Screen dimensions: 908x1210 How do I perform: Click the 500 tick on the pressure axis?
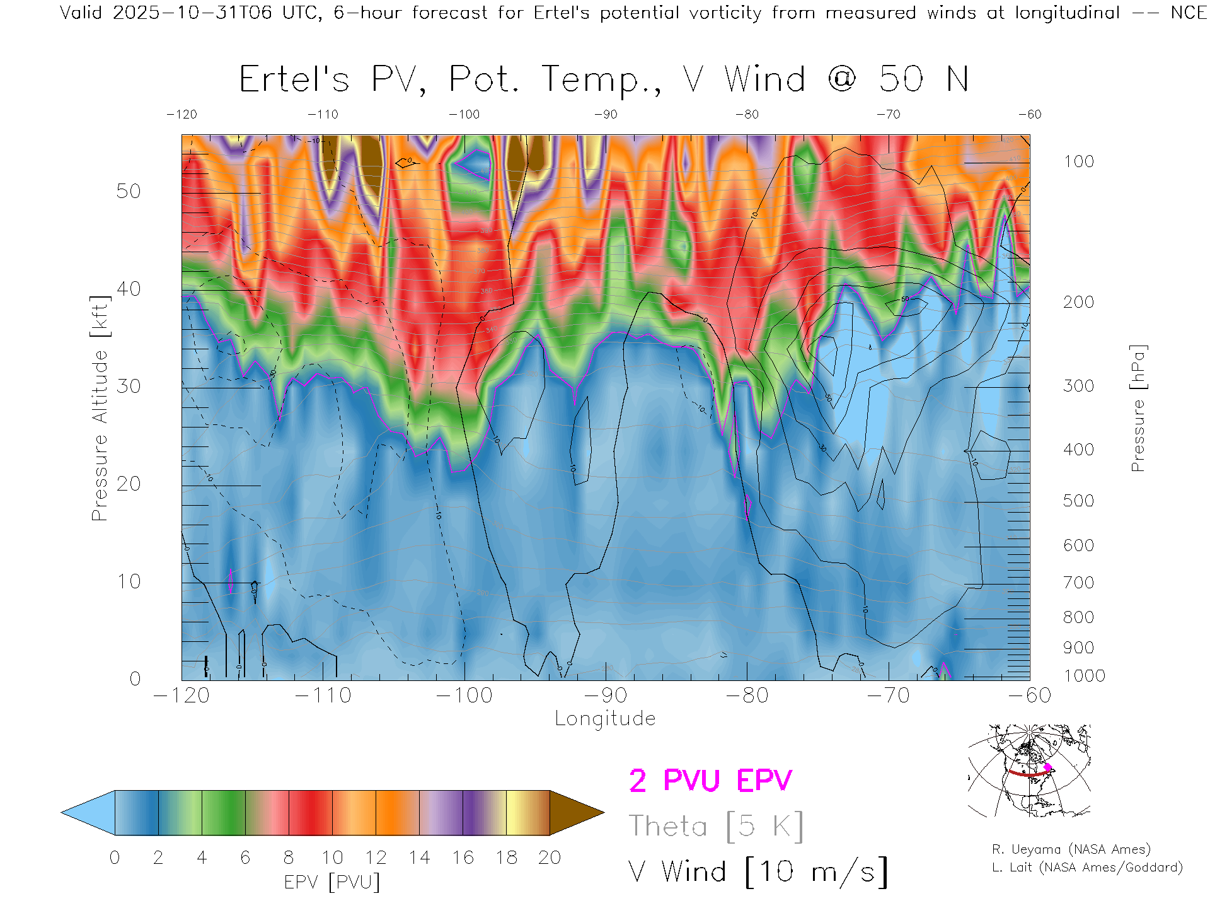[1078, 501]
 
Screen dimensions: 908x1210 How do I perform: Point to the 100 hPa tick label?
[1078, 161]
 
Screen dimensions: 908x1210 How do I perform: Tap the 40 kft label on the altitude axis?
[128, 289]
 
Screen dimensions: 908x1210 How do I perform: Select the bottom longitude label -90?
[606, 696]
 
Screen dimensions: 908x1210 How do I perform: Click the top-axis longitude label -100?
[464, 114]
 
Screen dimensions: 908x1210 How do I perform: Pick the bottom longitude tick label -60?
[1030, 696]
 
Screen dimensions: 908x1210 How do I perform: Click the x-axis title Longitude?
[605, 718]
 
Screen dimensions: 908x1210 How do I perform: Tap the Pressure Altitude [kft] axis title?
[100, 408]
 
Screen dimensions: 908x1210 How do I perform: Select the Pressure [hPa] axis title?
[1138, 408]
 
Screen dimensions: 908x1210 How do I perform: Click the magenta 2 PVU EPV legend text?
[710, 781]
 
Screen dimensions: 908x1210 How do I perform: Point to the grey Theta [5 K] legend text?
[716, 826]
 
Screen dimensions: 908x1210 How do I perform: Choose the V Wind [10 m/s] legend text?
[758, 871]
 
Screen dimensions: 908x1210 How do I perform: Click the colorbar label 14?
[419, 858]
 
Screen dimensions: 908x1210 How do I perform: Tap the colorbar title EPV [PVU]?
[332, 882]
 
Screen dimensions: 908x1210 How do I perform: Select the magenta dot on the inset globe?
[1047, 767]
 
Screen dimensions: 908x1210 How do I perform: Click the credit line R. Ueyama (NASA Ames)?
[1071, 849]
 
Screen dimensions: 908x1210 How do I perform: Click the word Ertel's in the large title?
[294, 80]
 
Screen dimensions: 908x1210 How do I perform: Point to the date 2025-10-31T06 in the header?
[192, 13]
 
